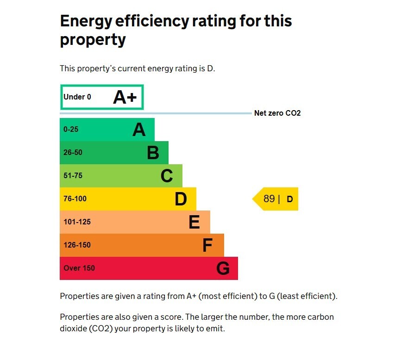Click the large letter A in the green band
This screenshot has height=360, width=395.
click(139, 130)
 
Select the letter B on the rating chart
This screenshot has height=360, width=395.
click(153, 153)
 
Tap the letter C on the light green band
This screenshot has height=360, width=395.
click(167, 176)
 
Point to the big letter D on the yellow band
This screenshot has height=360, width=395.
click(181, 199)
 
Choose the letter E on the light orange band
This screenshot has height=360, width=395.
click(194, 222)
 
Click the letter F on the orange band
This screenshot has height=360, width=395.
click(207, 245)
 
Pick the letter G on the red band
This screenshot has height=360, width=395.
click(223, 268)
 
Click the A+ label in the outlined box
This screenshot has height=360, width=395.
click(125, 97)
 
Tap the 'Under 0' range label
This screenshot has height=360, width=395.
click(77, 97)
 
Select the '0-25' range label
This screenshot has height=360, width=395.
click(71, 130)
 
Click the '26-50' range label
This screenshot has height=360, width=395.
click(73, 153)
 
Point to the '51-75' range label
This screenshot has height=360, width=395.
click(73, 176)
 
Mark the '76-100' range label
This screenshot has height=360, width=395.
click(75, 199)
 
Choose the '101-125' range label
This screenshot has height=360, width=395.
click(77, 222)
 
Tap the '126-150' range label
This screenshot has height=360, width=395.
click(77, 245)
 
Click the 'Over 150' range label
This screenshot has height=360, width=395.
click(79, 268)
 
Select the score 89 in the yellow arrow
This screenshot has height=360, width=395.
click(269, 199)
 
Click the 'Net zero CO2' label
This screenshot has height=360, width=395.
click(277, 113)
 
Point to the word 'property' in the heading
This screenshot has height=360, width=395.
click(93, 40)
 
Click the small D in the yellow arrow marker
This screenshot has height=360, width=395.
click(290, 199)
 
